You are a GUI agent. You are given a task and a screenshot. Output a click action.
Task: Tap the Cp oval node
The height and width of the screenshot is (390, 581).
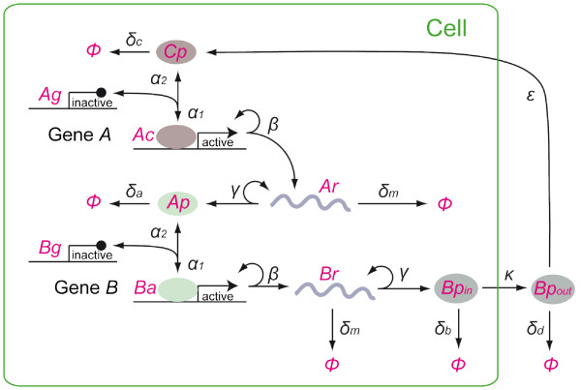tap(176, 51)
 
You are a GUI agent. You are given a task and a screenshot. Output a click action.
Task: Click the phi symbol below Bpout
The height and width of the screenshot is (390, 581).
tap(551, 367)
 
